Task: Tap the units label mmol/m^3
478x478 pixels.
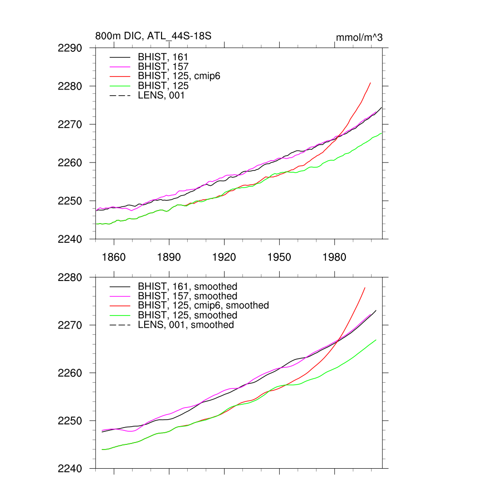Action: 359,37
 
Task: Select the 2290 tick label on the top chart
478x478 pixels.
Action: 70,48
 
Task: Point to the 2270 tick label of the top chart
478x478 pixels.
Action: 70,125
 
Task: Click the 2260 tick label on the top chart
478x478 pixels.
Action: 70,163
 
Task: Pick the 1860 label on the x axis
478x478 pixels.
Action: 114,257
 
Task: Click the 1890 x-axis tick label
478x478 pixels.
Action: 169,257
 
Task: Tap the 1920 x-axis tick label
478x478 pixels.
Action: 224,257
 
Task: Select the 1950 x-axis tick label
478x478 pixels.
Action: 279,257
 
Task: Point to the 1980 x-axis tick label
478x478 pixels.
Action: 334,257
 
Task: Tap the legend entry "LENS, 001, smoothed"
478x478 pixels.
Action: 186,325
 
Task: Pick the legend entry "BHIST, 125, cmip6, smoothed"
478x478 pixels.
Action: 203,306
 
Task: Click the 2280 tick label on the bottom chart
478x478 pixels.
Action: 70,277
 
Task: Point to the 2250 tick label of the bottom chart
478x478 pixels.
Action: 70,421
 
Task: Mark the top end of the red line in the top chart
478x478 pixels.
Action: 371,83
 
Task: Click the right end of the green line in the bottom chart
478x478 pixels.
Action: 376,340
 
